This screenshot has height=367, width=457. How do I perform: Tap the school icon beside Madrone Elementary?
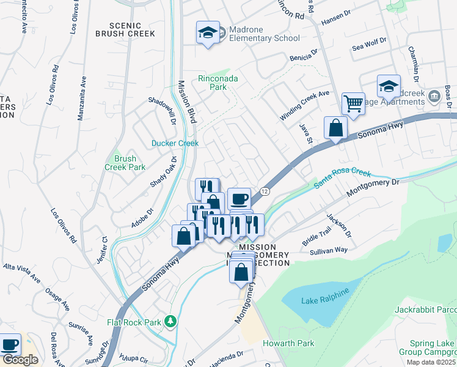[x=208, y=32]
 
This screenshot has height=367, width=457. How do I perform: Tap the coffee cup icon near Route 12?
[x=239, y=199]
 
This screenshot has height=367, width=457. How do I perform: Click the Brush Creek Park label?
[x=125, y=163]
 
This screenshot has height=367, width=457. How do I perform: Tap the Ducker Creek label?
[x=175, y=143]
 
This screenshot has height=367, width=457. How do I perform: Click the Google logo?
[x=20, y=360]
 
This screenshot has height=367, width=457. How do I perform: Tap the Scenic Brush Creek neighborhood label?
[x=125, y=29]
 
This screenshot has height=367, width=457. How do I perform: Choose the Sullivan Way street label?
[x=328, y=250]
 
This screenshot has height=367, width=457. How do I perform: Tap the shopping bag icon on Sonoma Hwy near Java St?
[x=335, y=128]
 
